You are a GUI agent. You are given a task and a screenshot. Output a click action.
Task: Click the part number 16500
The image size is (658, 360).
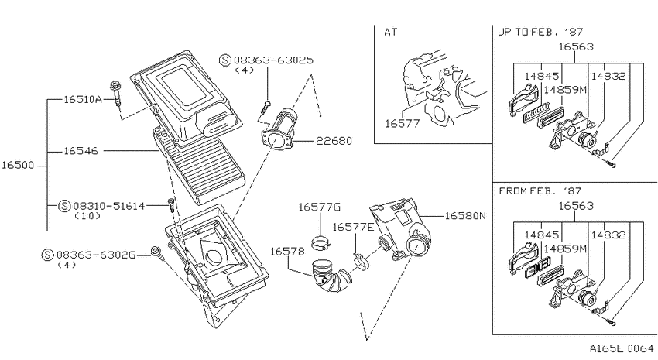[x=18, y=166]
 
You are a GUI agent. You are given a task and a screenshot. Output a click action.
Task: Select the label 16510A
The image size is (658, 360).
[x=83, y=99]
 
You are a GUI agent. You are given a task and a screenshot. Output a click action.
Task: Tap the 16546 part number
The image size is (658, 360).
[x=81, y=151]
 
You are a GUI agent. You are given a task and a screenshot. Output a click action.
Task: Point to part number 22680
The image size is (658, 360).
[x=334, y=141]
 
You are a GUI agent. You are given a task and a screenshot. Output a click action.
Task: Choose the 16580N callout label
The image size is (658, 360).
[x=465, y=216]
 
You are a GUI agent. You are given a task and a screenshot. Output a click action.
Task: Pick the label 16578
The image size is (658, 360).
[x=287, y=252]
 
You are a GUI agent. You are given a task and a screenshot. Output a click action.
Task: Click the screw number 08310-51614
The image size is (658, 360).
[x=108, y=206]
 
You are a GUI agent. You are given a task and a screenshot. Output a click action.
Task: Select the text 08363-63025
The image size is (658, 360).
[x=273, y=60]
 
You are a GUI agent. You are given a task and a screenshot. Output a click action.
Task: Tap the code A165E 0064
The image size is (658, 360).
[x=622, y=348]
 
